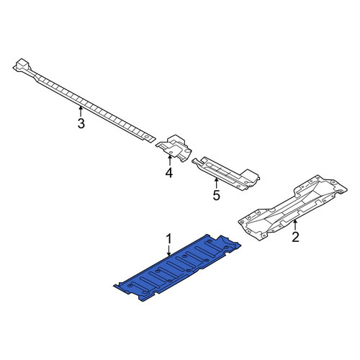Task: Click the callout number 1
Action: [x=169, y=239]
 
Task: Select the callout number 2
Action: [x=295, y=237]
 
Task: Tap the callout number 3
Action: [x=81, y=123]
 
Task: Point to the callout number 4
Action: [x=169, y=173]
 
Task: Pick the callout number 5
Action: [x=216, y=195]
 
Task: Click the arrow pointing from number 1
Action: [x=169, y=251]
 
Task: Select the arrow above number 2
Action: [x=295, y=225]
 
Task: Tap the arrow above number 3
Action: [x=81, y=112]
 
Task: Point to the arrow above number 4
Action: [x=170, y=161]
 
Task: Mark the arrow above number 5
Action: [x=216, y=184]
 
